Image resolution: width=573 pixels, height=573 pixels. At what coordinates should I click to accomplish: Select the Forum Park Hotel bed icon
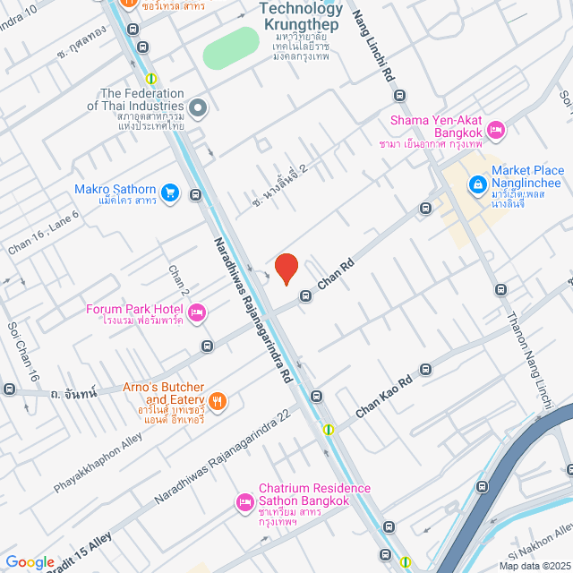point(198,312)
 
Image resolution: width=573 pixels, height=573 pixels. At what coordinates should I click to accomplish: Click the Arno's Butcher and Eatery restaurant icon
point(219,400)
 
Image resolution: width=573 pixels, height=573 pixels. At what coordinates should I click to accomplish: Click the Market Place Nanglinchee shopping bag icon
point(478,185)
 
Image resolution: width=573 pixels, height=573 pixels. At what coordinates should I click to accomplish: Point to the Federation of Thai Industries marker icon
point(199,109)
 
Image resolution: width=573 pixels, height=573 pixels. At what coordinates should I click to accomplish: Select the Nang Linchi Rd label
point(375,45)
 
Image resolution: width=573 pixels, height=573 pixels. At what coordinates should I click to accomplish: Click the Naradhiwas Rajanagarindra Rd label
point(253,310)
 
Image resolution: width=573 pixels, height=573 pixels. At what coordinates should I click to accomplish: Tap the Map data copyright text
point(534,566)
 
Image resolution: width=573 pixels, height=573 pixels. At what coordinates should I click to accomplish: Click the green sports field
point(230,47)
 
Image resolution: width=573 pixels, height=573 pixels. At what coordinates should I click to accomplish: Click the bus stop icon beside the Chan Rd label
point(306,295)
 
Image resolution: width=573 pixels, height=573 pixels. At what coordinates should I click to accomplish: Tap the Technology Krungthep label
point(300,16)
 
